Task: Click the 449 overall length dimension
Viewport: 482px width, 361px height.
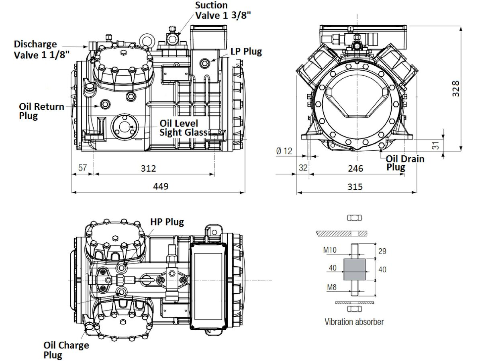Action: coord(161,186)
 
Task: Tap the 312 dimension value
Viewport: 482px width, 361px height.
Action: coord(148,168)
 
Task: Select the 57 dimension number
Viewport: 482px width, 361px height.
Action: coord(83,168)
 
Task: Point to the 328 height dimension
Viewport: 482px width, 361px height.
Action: coord(455,89)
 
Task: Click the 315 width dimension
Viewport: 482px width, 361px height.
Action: coord(355,187)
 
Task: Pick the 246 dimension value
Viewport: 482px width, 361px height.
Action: coord(355,168)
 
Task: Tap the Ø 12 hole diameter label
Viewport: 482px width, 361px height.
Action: coord(284,151)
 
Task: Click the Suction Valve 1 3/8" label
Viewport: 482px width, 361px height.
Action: coord(223,10)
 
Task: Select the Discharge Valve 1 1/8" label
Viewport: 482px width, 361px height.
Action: coord(42,49)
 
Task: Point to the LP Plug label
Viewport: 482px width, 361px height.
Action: coord(246,51)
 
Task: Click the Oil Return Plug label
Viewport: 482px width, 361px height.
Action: coord(41,111)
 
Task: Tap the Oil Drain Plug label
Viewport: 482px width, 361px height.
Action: coord(405,163)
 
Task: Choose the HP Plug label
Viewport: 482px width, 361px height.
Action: coord(167,222)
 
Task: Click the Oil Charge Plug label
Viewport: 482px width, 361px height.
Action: coord(66,350)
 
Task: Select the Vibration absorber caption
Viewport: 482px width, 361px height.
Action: coord(354,322)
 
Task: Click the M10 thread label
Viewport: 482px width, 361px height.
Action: coord(330,249)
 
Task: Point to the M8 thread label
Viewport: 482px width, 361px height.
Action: coord(332,287)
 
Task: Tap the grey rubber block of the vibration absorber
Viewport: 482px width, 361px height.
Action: coord(354,269)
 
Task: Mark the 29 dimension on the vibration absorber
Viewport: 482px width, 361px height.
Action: coord(382,251)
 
